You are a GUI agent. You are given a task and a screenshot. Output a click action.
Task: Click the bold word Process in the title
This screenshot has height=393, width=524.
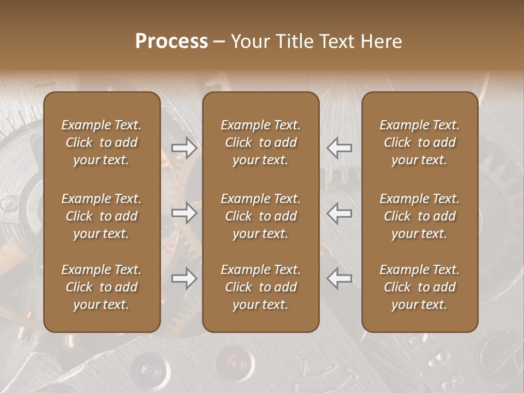tap(171, 41)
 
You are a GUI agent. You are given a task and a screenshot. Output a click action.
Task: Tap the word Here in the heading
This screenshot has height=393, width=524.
tap(382, 41)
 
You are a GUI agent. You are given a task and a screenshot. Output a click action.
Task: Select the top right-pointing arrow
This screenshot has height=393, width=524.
tap(184, 147)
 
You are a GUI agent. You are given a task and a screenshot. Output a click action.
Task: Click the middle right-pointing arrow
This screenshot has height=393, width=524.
tap(184, 213)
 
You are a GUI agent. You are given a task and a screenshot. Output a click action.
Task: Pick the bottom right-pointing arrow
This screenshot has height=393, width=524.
tap(184, 278)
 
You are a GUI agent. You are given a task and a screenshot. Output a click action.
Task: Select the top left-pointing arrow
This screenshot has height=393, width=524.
tap(340, 147)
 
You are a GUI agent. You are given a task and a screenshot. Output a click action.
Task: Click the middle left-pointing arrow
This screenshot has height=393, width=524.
tap(340, 213)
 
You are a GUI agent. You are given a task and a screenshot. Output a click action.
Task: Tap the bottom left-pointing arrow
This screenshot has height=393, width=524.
tap(340, 278)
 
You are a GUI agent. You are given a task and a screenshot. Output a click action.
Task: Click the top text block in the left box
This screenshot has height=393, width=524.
tap(102, 142)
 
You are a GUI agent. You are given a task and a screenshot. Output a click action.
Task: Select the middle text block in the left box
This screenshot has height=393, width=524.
tap(102, 216)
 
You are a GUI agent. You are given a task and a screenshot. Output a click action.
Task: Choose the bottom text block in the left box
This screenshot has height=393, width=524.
tap(102, 287)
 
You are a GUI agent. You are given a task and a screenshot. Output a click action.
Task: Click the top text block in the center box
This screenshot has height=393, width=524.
tap(261, 142)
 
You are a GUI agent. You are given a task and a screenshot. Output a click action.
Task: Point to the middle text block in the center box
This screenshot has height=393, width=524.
tap(261, 216)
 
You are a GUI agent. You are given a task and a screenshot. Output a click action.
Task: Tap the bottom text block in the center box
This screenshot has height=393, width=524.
tap(261, 287)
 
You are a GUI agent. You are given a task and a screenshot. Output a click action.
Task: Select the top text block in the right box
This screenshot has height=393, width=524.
tap(420, 142)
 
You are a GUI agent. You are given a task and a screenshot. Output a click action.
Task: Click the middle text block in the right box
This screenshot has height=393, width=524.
tap(420, 216)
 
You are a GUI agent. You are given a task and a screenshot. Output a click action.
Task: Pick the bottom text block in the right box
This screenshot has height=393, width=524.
tap(420, 287)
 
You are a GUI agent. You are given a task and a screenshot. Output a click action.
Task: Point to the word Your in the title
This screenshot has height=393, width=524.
tap(249, 41)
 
